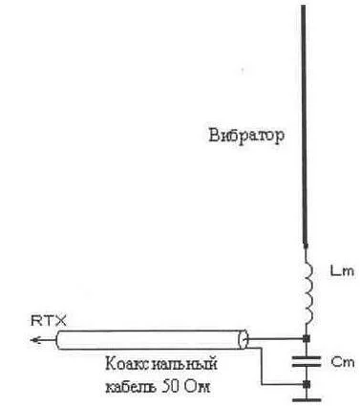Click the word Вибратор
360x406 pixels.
247,135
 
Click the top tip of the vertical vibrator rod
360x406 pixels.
305,7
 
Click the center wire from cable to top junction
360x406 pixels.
277,338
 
